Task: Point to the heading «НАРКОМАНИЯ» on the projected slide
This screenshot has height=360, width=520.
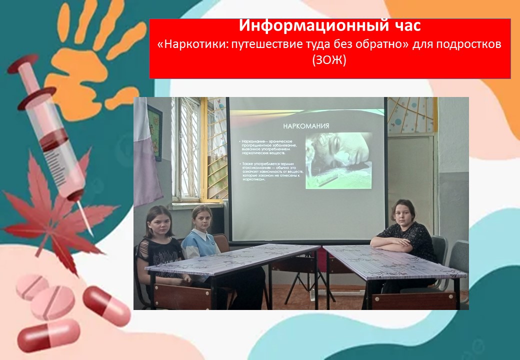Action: [306, 125]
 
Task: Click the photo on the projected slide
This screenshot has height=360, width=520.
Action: [338, 160]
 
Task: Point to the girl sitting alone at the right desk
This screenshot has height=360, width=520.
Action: [406, 235]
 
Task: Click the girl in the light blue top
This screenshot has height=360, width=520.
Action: [201, 235]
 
